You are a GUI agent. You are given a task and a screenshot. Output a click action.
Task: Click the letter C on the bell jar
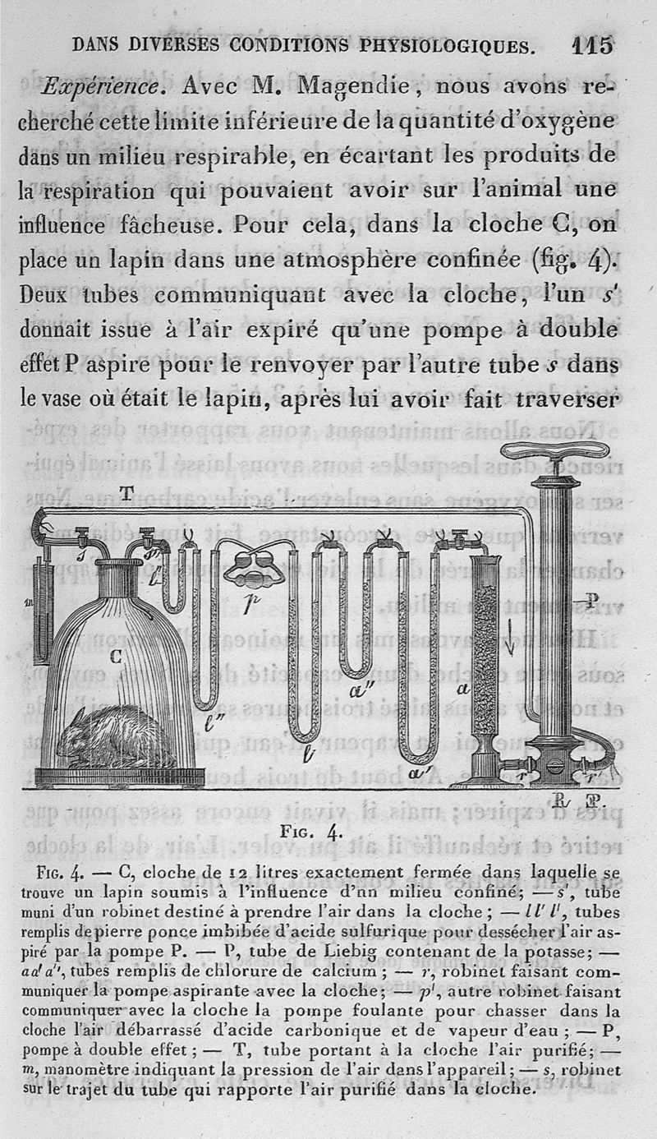[x=115, y=657]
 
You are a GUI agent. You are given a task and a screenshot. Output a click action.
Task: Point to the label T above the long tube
[x=126, y=493]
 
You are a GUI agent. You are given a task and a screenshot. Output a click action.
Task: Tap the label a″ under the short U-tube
[x=363, y=690]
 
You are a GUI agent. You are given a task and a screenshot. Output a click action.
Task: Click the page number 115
[x=592, y=45]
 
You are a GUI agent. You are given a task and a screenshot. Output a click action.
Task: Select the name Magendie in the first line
[x=352, y=86]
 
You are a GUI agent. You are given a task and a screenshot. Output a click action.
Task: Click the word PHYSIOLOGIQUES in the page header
[x=448, y=46]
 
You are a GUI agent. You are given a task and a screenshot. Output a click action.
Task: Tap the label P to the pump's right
[x=590, y=601]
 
